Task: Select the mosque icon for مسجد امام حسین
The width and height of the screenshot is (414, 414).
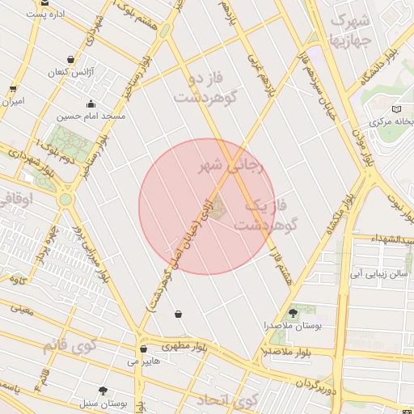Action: tap(91, 103)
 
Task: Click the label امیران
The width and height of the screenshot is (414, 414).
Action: tap(13, 102)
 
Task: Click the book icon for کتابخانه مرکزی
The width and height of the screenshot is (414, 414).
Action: tap(395, 109)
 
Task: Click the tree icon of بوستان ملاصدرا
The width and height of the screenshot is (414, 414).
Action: tap(293, 311)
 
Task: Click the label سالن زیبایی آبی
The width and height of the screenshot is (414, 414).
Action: tap(378, 274)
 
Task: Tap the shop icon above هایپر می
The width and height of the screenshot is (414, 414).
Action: tap(143, 349)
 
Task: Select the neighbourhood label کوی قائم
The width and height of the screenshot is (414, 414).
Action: tap(69, 346)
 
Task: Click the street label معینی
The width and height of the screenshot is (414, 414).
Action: tap(22, 308)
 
